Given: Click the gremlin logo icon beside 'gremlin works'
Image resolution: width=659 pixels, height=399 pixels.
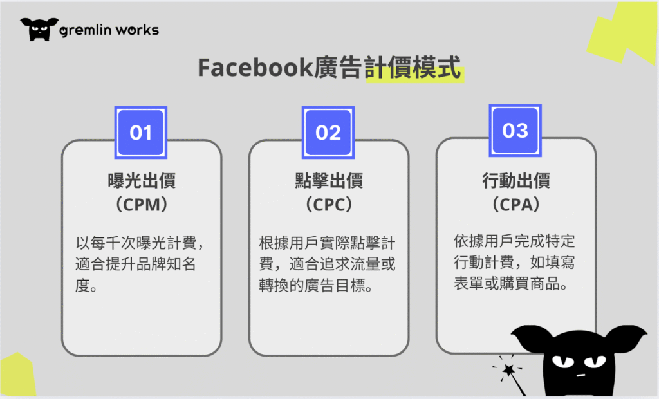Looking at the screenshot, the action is coord(39,29).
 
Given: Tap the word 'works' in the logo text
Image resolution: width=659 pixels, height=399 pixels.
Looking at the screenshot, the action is coord(138,30).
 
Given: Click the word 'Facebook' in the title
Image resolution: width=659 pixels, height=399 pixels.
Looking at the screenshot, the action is coord(255,68).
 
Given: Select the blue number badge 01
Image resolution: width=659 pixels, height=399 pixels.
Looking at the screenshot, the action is coord(141,133).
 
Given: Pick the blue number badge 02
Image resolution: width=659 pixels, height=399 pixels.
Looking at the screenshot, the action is coord(328,133).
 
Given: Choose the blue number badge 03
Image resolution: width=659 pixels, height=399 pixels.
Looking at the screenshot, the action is coord(515,131).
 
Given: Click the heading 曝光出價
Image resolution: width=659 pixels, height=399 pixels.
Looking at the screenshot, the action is coord(142,180).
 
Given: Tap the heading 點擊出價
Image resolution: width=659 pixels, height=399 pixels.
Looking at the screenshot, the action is coord(329,180).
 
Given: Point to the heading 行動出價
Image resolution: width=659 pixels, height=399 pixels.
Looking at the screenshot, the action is coord(515,180).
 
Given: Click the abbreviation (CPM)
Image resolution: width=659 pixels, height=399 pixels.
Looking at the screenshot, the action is coord(142,205).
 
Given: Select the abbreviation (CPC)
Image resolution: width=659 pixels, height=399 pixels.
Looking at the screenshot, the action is coord(329,205).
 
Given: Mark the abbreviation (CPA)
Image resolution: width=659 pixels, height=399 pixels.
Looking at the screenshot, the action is coord(515,205).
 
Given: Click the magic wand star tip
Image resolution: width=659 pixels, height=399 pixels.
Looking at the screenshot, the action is coord(509,369).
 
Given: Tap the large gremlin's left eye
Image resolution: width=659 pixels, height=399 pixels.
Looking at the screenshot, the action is coord(563,361).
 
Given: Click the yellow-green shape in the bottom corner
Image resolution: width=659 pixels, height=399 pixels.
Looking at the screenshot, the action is coord(17,375).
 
